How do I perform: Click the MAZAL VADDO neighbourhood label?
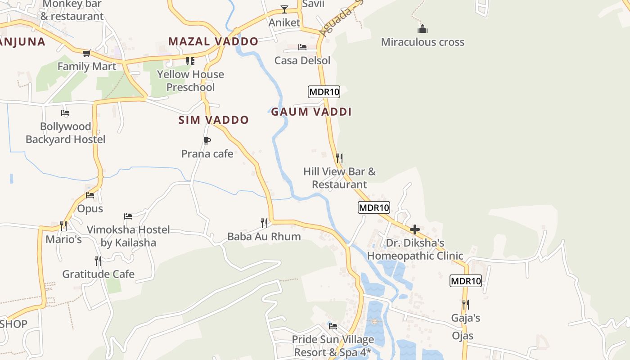click(213, 42)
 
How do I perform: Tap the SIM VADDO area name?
click(213, 120)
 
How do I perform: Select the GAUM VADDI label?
click(311, 112)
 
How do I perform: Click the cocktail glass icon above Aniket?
click(284, 9)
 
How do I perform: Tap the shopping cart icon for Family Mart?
click(87, 53)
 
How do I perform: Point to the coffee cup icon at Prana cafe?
click(207, 140)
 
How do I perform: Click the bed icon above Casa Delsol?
click(302, 47)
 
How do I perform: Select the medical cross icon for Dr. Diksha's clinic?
click(415, 229)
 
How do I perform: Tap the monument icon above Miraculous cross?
click(422, 29)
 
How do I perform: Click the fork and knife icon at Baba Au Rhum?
click(264, 223)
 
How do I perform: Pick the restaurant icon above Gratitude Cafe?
click(98, 261)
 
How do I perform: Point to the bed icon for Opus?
click(90, 195)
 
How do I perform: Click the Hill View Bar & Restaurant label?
click(339, 178)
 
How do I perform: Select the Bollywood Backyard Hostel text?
click(65, 133)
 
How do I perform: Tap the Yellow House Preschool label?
click(190, 81)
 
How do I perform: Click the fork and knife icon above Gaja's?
click(466, 305)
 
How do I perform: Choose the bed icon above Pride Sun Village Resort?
click(333, 326)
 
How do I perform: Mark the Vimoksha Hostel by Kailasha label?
click(128, 236)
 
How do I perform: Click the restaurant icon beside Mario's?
click(63, 225)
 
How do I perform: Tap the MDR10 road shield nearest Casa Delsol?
click(324, 92)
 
